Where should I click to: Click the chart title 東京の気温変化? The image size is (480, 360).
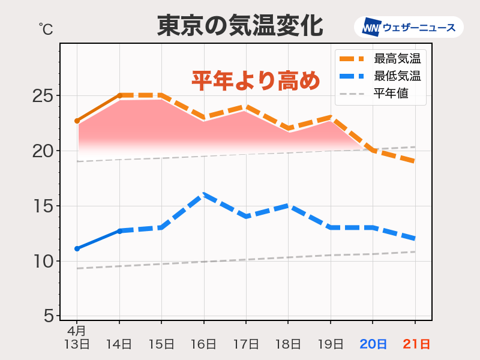pyautogui.click(x=240, y=26)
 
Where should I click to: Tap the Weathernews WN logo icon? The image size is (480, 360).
pyautogui.click(x=371, y=27)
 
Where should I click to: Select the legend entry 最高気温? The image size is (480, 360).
pyautogui.click(x=397, y=59)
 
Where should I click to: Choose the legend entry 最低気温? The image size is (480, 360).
pyautogui.click(x=397, y=76)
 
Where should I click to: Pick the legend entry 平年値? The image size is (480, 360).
pyautogui.click(x=391, y=93)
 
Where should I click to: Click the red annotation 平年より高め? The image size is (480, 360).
pyautogui.click(x=256, y=80)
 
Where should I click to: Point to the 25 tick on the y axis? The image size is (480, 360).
pyautogui.click(x=43, y=95)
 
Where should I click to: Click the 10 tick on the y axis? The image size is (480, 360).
pyautogui.click(x=43, y=261)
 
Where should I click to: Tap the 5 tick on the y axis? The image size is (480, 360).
pyautogui.click(x=48, y=316)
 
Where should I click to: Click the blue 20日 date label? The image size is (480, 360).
pyautogui.click(x=373, y=344)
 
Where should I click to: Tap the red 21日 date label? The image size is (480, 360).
pyautogui.click(x=415, y=344)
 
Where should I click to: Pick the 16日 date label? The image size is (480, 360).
pyautogui.click(x=204, y=344)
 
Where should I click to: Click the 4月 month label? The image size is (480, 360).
pyautogui.click(x=76, y=331)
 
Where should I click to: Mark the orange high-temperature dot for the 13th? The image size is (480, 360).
pyautogui.click(x=77, y=121)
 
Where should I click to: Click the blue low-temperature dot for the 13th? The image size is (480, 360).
pyautogui.click(x=77, y=248)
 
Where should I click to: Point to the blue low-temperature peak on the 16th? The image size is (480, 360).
pyautogui.click(x=204, y=194)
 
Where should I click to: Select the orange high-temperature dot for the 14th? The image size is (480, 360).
pyautogui.click(x=119, y=95)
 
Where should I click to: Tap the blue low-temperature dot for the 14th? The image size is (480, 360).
pyautogui.click(x=119, y=230)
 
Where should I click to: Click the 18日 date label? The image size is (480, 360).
pyautogui.click(x=289, y=344)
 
